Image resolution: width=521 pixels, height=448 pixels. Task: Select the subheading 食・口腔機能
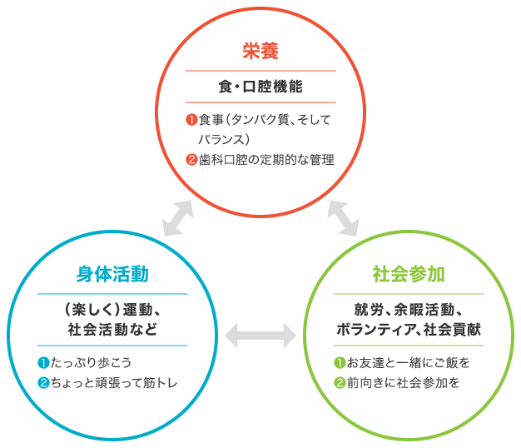point(260,87)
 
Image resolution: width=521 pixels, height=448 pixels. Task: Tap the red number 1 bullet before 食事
point(191,121)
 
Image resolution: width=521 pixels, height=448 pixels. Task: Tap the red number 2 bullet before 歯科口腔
point(191,158)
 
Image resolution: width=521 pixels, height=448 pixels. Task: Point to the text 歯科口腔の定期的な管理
point(265,158)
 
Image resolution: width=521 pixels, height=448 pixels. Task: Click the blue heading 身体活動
point(112,274)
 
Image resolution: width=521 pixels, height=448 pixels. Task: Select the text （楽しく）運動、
point(112,311)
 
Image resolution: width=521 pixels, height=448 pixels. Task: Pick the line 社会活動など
point(112,329)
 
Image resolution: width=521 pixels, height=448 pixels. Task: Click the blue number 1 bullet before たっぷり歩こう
point(42,362)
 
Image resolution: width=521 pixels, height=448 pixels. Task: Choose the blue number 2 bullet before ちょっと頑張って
point(42,383)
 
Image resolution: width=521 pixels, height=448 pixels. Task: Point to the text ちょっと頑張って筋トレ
point(114,383)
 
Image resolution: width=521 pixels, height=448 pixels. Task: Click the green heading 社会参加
point(408,274)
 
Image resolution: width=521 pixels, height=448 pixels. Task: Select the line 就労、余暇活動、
point(408,311)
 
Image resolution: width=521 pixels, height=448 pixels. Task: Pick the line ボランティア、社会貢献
point(408,329)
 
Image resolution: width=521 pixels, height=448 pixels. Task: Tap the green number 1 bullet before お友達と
point(339,362)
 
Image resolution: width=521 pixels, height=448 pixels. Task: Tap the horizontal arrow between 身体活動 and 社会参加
point(260,336)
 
